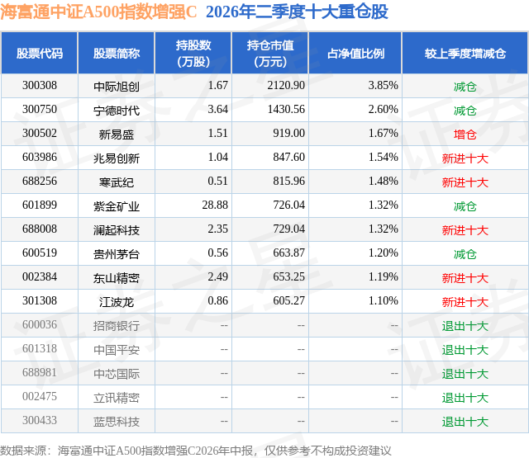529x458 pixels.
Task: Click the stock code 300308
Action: coord(40,86)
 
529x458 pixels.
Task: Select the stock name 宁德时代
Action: coord(117,111)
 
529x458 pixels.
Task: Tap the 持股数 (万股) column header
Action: coord(193,53)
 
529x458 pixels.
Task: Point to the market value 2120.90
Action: coord(286,86)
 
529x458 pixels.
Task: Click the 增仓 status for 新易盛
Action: coord(465,135)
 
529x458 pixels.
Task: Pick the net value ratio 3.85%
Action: coord(383,86)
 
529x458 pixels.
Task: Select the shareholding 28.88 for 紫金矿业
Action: coord(215,205)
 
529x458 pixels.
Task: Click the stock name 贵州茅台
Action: coord(117,254)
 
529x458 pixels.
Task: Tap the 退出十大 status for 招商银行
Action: coord(465,326)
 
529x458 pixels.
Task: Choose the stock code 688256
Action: coord(40,182)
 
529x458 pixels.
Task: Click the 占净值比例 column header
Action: coord(355,54)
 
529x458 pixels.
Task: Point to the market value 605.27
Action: coord(288,300)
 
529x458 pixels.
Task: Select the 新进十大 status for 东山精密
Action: coord(465,278)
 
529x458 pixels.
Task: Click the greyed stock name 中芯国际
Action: coord(117,374)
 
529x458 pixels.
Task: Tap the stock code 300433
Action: coord(40,421)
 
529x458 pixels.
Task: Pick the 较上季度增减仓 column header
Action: coord(465,54)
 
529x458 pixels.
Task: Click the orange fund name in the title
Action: coord(98,12)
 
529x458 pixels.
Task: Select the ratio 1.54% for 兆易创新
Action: coord(383,158)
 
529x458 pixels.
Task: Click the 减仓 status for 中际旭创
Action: coord(465,87)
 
